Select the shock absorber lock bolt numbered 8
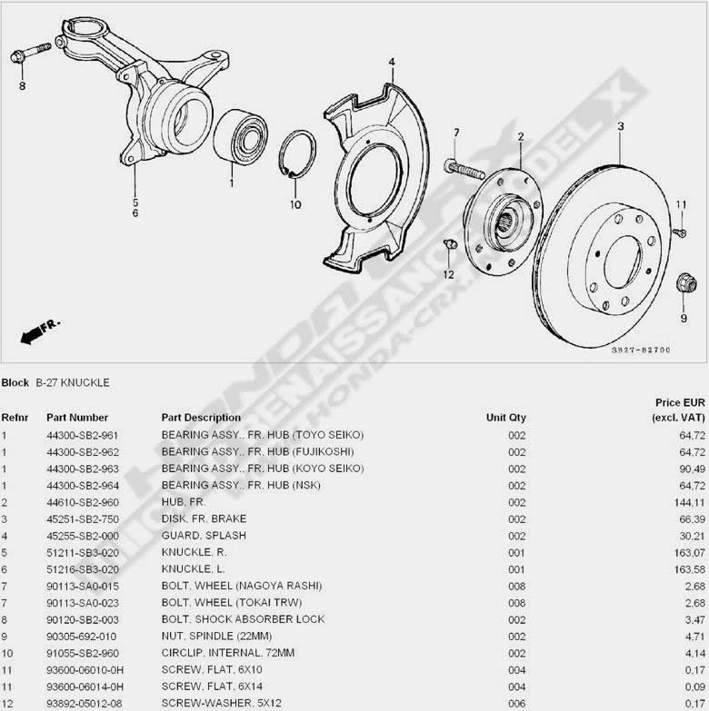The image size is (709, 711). click(x=30, y=53)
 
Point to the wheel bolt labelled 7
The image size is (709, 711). click(x=464, y=169)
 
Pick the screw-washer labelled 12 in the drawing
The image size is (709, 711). click(x=450, y=244)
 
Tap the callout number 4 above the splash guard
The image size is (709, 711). click(x=392, y=62)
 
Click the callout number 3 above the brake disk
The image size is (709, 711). click(x=621, y=126)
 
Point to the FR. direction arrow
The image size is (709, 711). click(x=40, y=332)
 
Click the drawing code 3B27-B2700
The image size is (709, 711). click(x=641, y=351)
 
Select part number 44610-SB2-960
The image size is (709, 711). click(x=83, y=502)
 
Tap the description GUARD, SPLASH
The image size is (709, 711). click(x=204, y=536)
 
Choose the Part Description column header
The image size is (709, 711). click(x=201, y=418)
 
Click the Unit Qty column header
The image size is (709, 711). click(x=506, y=418)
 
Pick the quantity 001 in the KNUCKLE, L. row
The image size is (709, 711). click(x=516, y=569)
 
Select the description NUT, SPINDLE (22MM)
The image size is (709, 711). click(x=216, y=637)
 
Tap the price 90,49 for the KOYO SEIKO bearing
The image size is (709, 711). click(x=693, y=469)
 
